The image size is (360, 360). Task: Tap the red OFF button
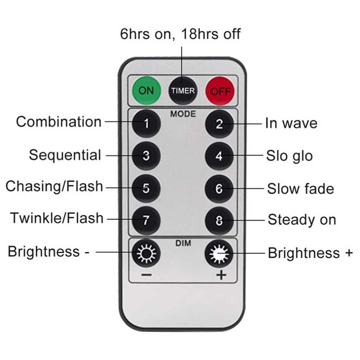click(x=220, y=91)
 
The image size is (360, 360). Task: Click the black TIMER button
click(x=183, y=91)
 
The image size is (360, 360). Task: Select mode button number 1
click(x=146, y=124)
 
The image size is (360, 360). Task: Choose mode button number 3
click(x=146, y=156)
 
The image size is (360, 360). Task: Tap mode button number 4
click(x=219, y=156)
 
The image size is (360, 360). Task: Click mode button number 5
click(x=146, y=188)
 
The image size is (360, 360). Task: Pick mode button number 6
click(x=219, y=189)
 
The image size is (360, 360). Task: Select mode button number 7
click(x=146, y=220)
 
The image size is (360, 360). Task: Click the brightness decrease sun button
click(x=146, y=253)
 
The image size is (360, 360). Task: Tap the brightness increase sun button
click(x=219, y=254)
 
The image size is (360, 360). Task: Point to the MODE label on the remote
click(x=183, y=114)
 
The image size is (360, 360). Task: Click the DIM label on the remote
click(x=183, y=243)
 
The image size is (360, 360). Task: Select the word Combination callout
click(x=59, y=122)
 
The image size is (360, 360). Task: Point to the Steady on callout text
click(x=302, y=220)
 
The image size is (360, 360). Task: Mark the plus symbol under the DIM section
click(x=221, y=275)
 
